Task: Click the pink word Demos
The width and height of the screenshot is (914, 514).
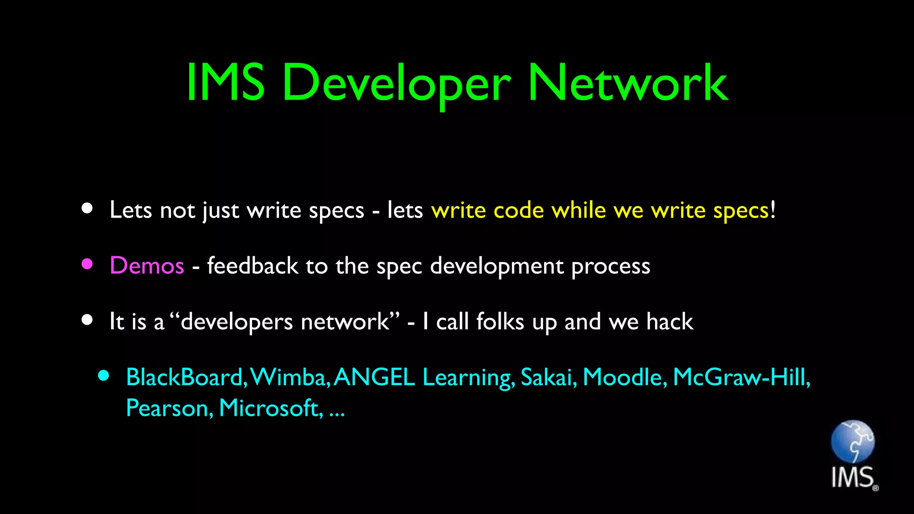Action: (x=147, y=266)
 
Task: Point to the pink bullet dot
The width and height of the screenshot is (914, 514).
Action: (x=87, y=264)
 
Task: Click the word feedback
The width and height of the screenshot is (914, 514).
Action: (x=253, y=266)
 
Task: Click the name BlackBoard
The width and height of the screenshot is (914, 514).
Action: (x=184, y=377)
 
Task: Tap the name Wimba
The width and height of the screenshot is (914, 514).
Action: (x=288, y=377)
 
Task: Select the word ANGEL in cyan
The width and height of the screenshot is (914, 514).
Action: (x=374, y=377)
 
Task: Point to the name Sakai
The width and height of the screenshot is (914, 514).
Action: (x=547, y=377)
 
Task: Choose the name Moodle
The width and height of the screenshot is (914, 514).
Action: (x=623, y=377)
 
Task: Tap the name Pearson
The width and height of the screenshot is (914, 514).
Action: (x=167, y=408)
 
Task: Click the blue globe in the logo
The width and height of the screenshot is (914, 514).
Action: (x=852, y=442)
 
